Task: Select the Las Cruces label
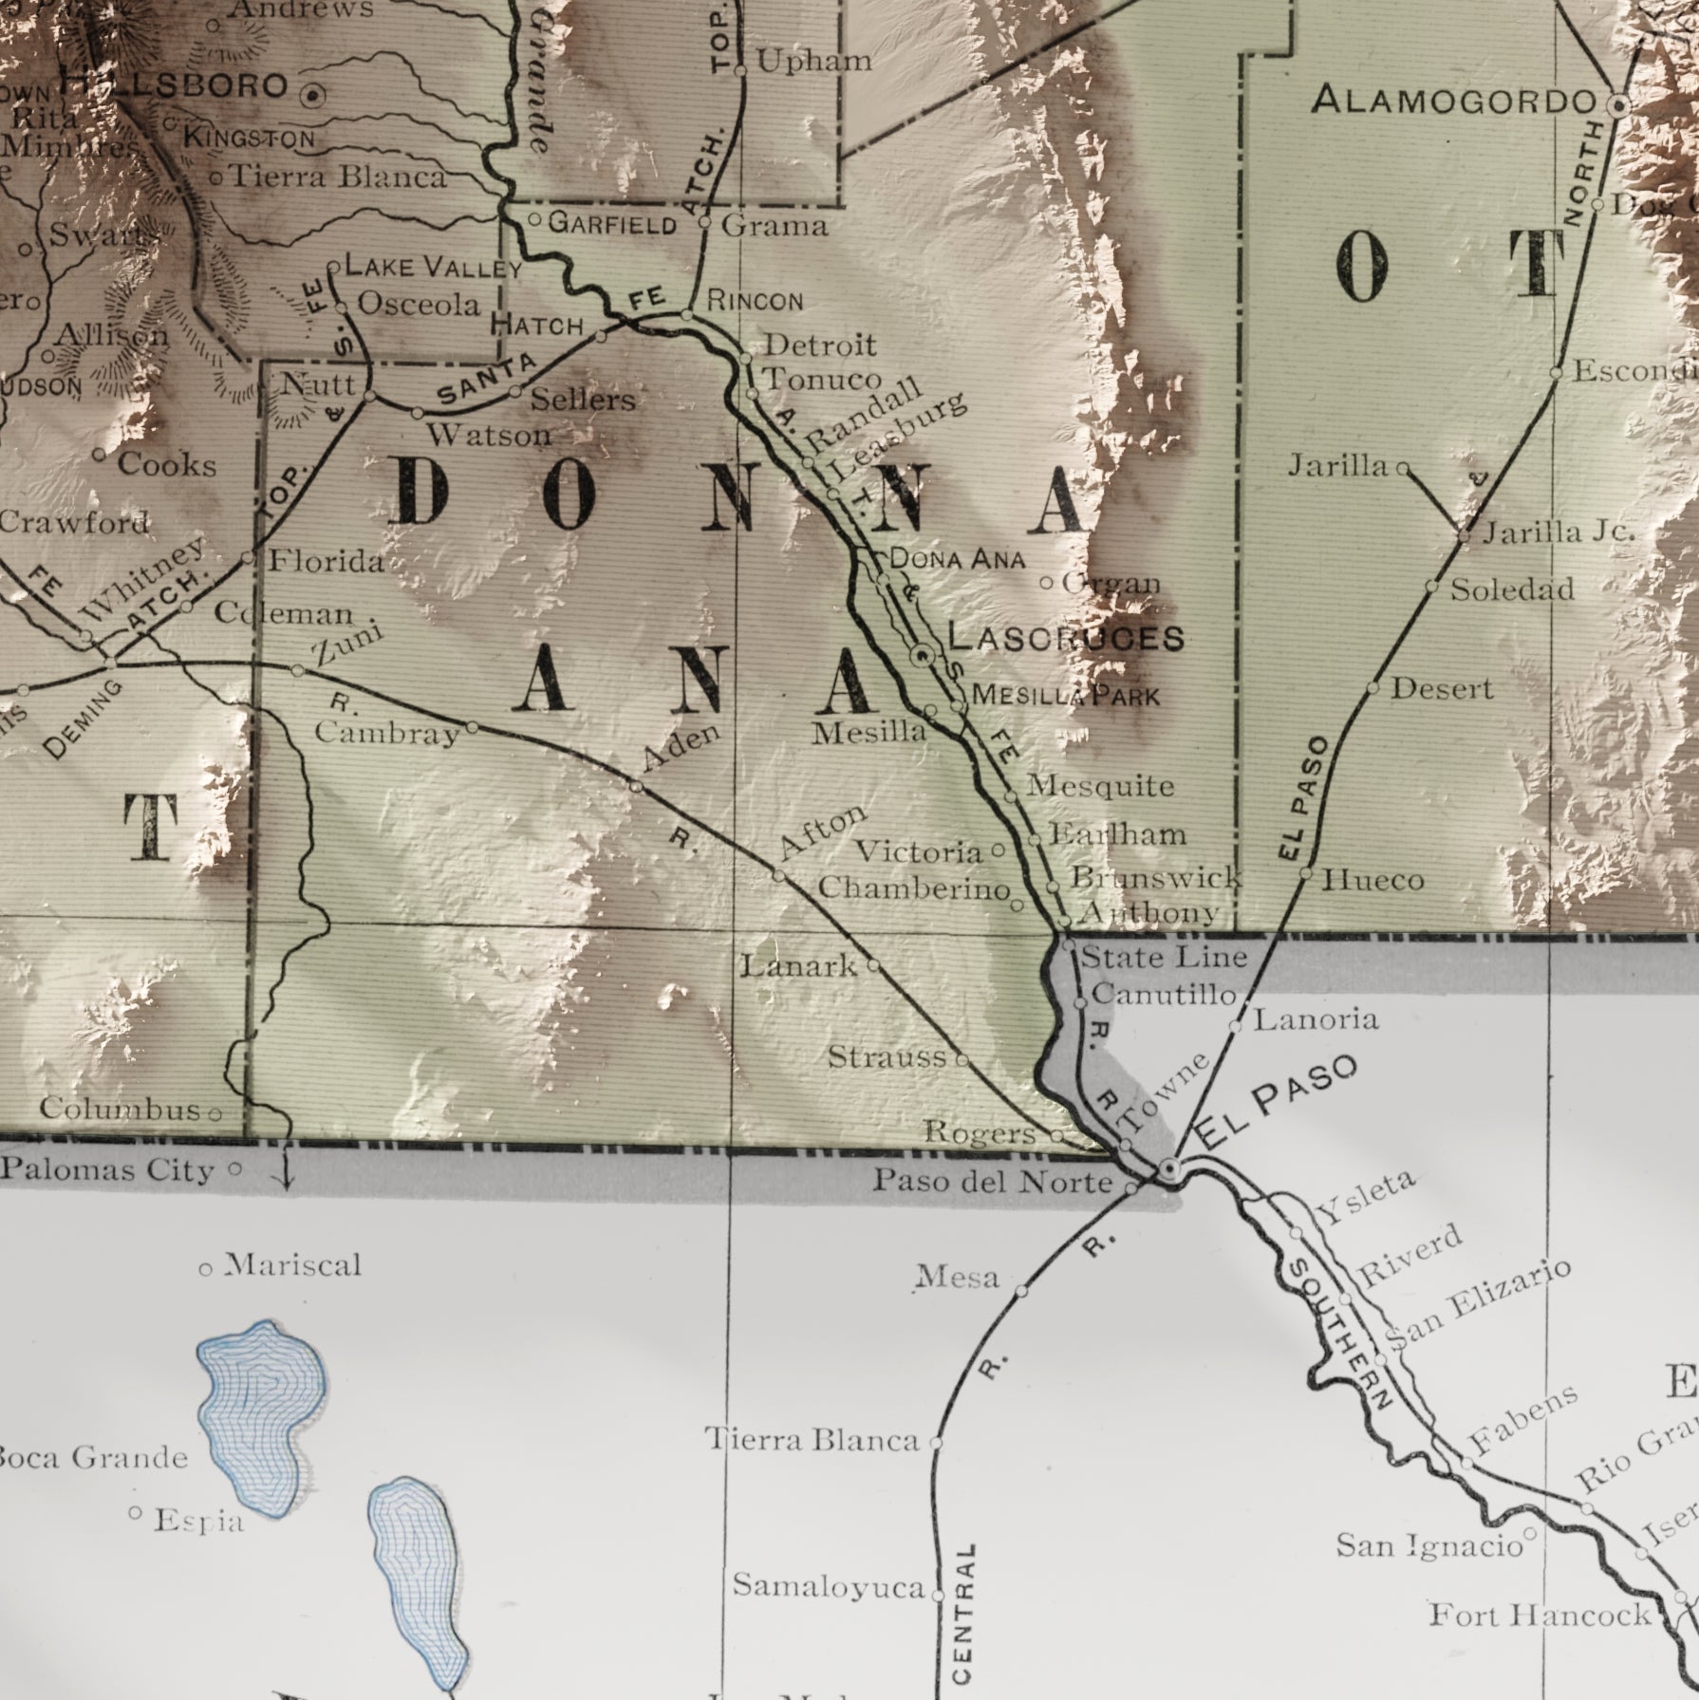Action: coord(1066,638)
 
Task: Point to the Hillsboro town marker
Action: coord(313,95)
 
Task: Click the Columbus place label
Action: coord(121,1109)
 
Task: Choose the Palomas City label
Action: coord(107,1170)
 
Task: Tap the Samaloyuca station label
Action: coord(829,1586)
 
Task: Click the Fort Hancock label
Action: coord(1540,1614)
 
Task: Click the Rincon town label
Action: coord(756,302)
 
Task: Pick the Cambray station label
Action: coord(387,733)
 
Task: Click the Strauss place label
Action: coord(887,1056)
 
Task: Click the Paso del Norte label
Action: coord(992,1182)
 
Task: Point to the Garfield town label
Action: coord(612,224)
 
